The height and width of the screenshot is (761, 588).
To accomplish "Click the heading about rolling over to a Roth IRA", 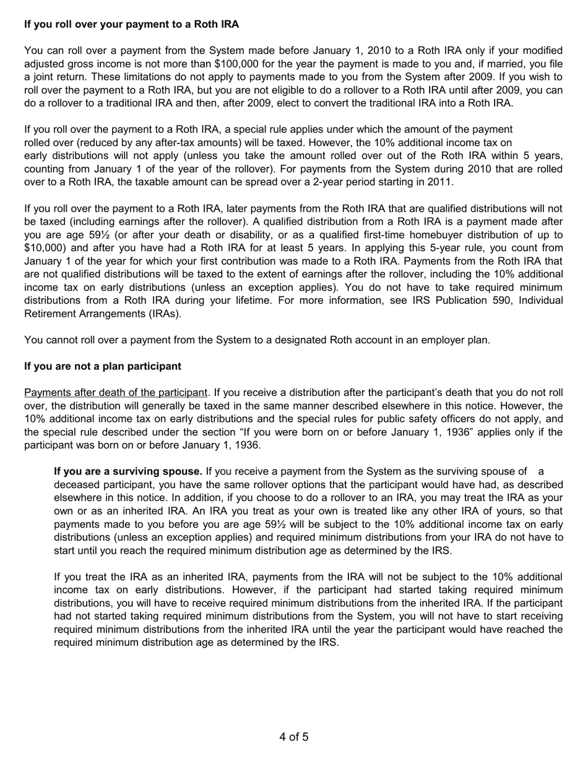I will point(131,24).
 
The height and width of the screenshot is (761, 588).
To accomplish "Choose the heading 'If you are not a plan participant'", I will point(103,366).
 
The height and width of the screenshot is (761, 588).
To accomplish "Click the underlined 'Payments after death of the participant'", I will point(115,392).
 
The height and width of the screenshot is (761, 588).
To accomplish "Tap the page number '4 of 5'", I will point(294,737).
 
